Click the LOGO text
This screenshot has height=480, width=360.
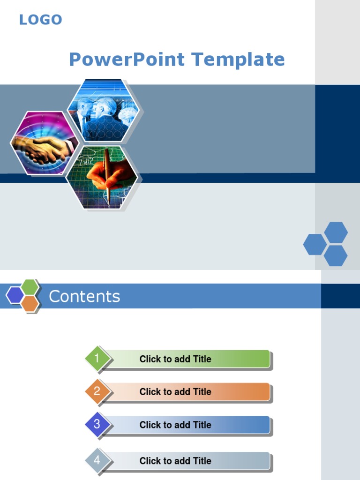40,20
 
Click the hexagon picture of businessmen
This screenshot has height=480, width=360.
104,111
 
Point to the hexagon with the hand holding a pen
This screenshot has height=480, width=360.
102,177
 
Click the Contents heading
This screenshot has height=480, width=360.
84,297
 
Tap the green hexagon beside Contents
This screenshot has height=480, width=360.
30,287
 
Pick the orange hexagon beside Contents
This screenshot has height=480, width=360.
30,304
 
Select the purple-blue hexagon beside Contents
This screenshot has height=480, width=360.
15,295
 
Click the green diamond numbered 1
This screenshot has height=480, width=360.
97,359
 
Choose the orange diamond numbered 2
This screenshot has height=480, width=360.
97,391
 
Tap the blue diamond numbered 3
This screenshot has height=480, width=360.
97,425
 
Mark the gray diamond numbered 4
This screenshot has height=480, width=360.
97,460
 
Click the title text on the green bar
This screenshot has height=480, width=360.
175,360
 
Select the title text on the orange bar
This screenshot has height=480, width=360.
175,392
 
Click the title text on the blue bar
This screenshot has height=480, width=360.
175,425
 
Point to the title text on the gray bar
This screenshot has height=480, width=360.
175,461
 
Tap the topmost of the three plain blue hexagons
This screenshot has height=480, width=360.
336,232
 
